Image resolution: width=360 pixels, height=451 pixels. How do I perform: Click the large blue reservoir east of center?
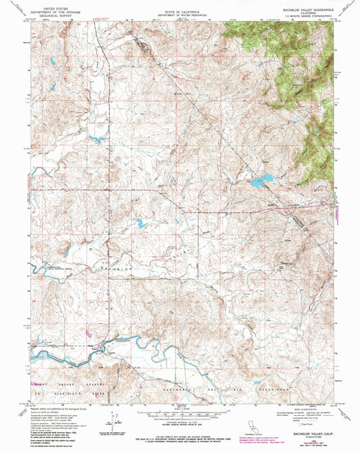point(261,181)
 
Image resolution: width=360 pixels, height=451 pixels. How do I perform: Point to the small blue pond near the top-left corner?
point(50,64)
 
